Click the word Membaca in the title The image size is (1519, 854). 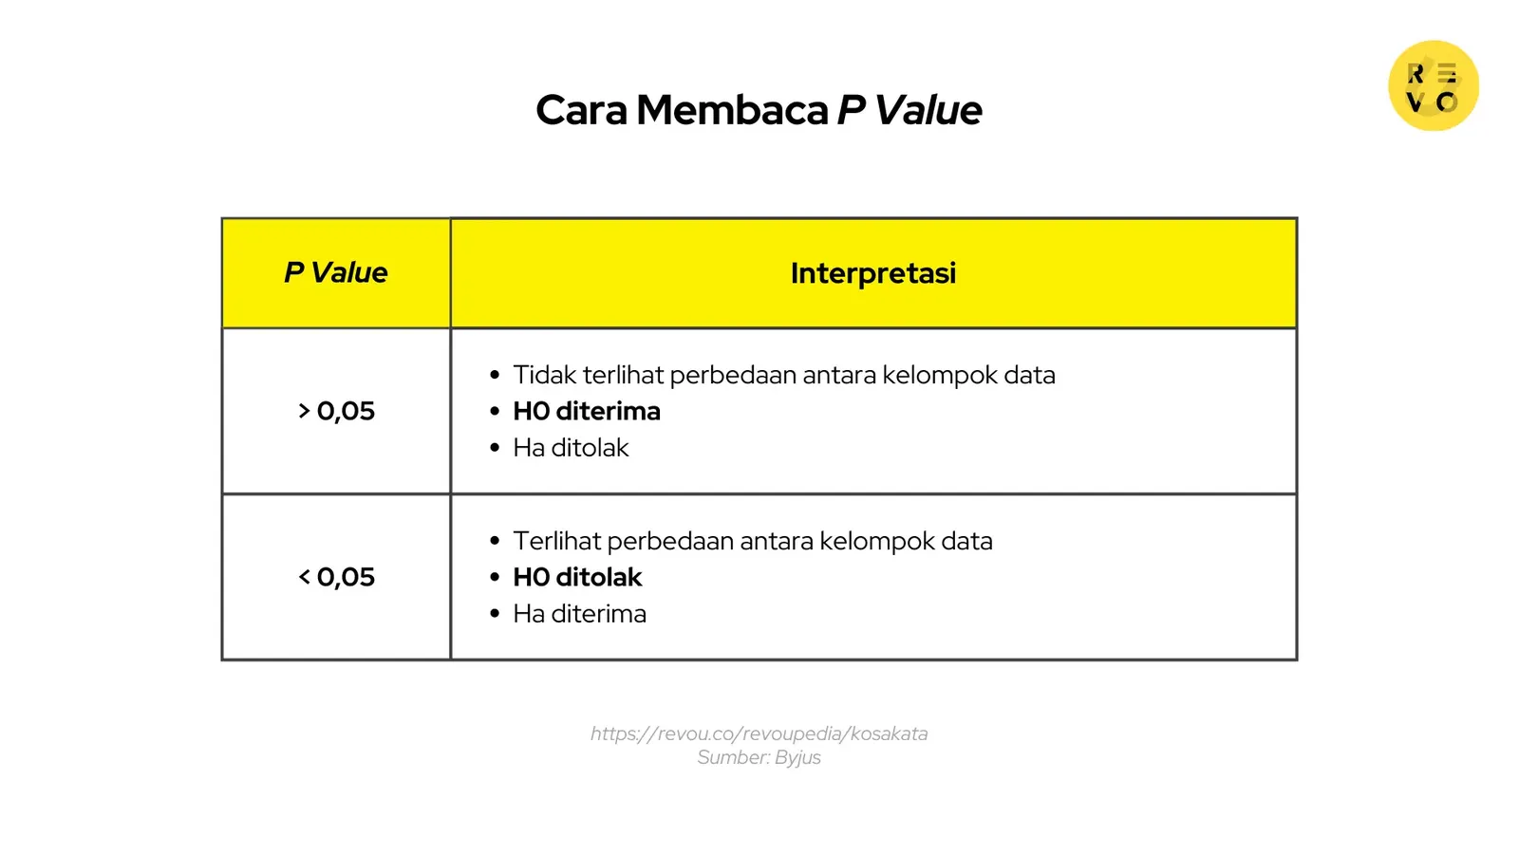click(x=732, y=110)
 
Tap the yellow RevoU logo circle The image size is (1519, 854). click(x=1433, y=85)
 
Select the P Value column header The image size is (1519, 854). click(x=336, y=273)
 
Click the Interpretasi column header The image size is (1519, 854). click(x=872, y=273)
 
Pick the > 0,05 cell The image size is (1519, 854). click(x=336, y=411)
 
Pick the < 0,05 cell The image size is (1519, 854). click(x=336, y=577)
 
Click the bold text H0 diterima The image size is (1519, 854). click(x=587, y=411)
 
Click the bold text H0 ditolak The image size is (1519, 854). click(x=577, y=577)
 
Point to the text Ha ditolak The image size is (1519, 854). click(x=571, y=448)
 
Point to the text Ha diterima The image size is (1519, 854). click(x=579, y=614)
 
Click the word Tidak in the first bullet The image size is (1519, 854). click(x=544, y=375)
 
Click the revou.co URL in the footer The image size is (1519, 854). click(x=759, y=733)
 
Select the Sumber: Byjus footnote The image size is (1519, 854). click(x=759, y=757)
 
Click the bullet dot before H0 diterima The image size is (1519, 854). click(x=495, y=412)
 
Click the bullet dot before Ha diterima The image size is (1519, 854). click(x=495, y=614)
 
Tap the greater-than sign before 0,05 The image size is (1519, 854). click(x=304, y=411)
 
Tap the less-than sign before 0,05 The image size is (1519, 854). click(x=304, y=577)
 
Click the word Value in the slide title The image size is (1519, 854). click(x=928, y=110)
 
